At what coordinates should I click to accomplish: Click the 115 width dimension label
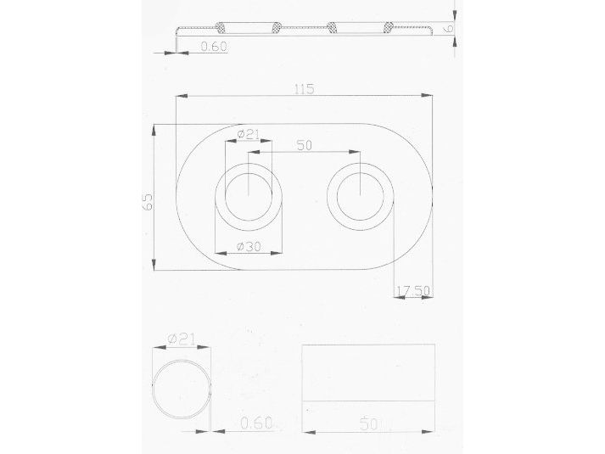305,89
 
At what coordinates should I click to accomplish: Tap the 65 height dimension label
148,201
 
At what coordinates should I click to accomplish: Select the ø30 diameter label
249,246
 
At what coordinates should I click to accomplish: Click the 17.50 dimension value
413,290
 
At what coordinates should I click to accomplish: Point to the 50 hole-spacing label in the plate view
305,145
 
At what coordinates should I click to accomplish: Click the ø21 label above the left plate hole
249,134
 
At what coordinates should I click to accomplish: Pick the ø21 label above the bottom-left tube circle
182,339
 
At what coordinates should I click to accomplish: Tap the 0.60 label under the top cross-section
214,47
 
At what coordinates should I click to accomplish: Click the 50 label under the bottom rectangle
368,424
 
